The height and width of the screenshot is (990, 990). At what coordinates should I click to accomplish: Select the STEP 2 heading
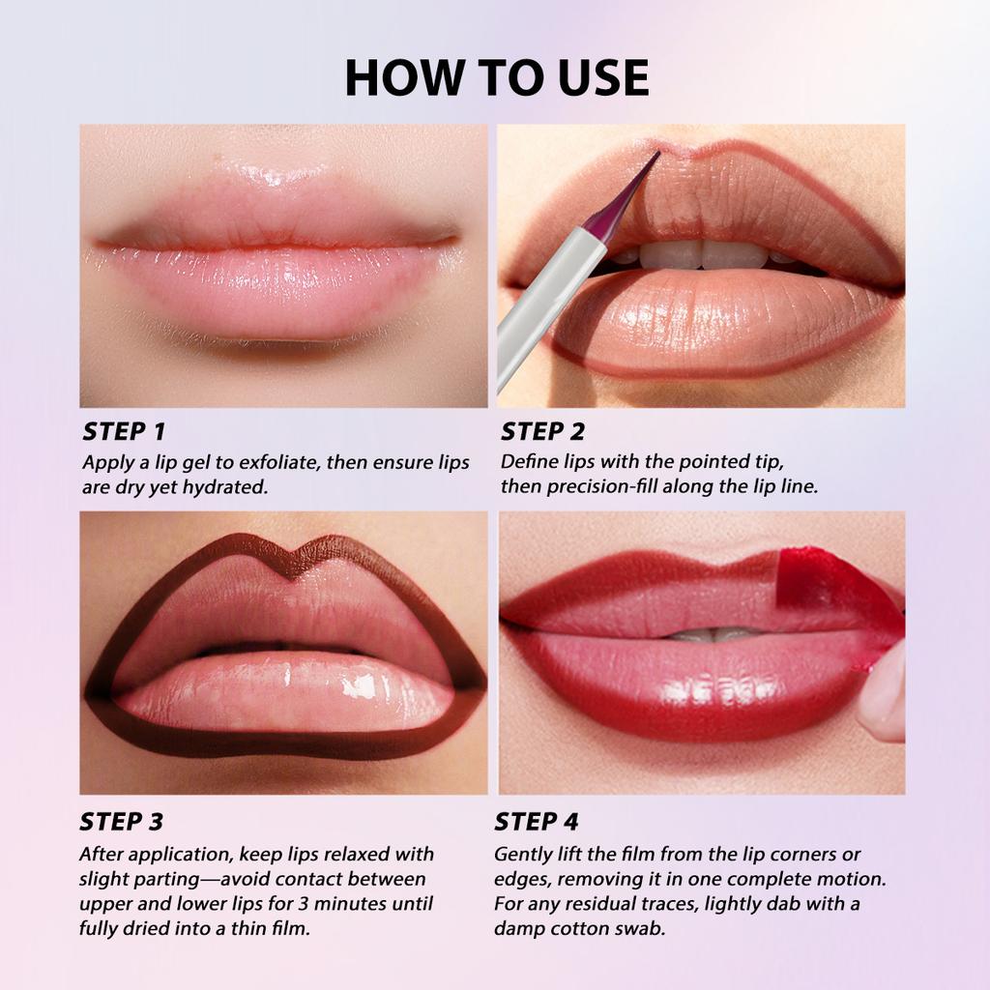click(542, 431)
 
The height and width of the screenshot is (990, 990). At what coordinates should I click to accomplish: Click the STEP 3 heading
click(121, 822)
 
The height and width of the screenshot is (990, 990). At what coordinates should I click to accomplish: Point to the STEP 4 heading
click(537, 822)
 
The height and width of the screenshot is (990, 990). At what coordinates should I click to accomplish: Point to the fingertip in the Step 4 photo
click(882, 701)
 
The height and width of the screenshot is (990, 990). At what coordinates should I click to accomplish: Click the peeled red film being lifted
click(831, 590)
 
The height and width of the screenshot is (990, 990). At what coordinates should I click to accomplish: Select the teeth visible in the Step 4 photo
click(711, 634)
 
